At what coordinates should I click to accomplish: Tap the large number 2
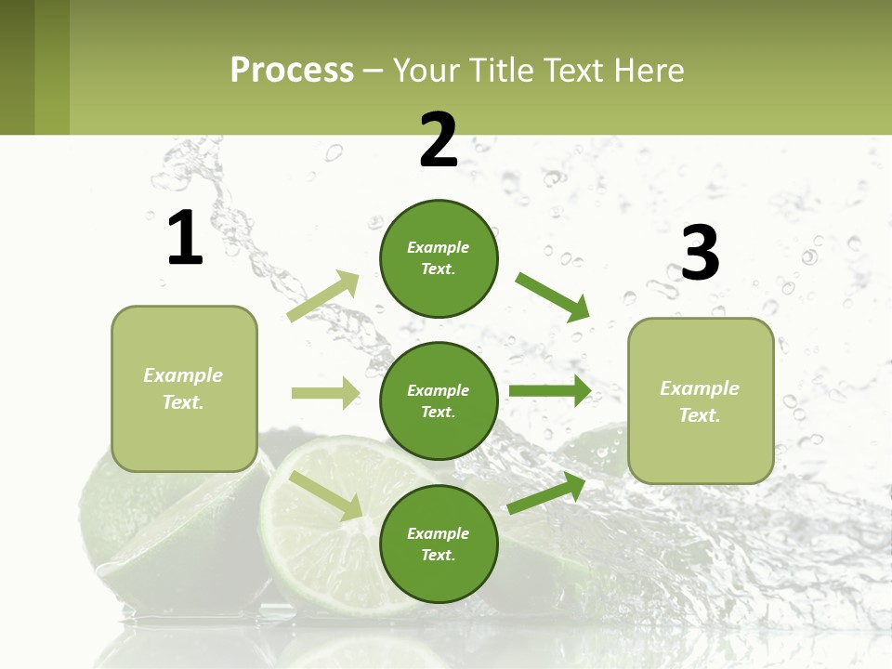[439, 140]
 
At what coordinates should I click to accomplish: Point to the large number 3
[700, 253]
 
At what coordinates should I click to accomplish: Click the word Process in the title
[292, 70]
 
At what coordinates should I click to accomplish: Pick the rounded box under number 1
[184, 388]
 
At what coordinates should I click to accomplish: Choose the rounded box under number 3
[701, 400]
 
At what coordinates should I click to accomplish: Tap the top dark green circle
[439, 258]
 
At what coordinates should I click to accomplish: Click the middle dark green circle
[439, 400]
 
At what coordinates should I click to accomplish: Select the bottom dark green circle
[439, 544]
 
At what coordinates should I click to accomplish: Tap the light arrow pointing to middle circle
[325, 393]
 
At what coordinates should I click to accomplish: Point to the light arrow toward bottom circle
[326, 495]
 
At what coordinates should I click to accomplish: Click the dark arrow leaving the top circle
[552, 296]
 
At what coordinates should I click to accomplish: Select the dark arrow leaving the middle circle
[549, 391]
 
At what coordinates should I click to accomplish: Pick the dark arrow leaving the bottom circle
[547, 492]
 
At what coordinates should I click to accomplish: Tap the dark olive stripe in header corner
[17, 67]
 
